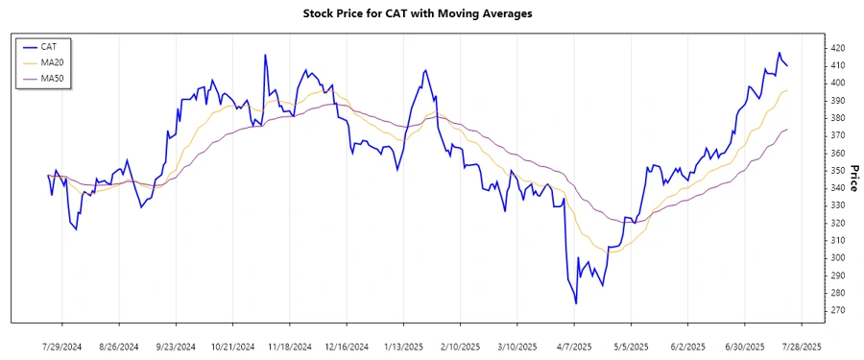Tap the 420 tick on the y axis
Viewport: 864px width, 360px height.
[838, 48]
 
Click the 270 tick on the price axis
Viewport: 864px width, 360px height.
[838, 310]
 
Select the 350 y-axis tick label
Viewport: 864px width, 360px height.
[838, 171]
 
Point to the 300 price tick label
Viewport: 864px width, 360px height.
[838, 258]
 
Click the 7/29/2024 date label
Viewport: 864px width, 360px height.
[62, 346]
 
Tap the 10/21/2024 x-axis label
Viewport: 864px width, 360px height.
[232, 346]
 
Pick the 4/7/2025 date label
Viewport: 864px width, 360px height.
[574, 346]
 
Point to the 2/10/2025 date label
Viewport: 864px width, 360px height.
[460, 346]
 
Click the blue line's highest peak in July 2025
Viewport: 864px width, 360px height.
[780, 53]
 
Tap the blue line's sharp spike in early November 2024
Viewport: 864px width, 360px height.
[265, 56]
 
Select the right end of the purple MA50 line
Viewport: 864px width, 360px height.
[787, 130]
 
